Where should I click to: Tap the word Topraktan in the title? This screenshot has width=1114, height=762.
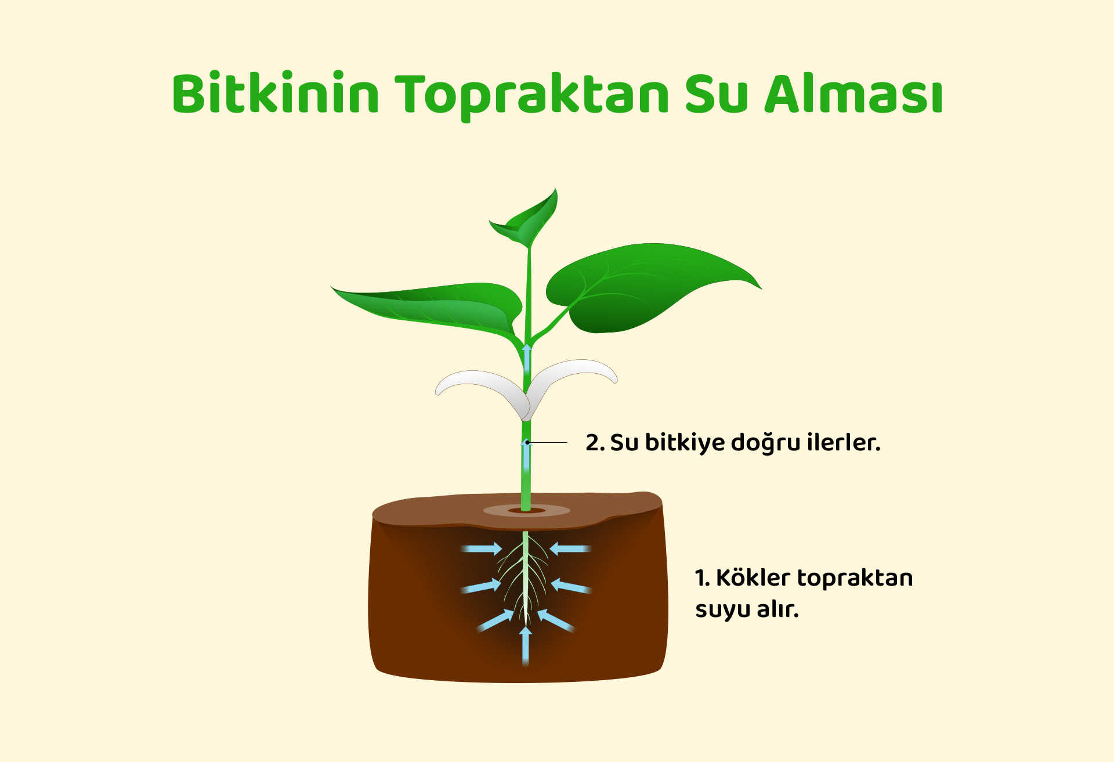[532, 95]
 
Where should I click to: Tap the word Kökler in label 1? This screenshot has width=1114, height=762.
[753, 578]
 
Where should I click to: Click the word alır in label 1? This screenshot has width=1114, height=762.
[777, 609]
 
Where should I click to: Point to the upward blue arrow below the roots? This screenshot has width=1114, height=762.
[526, 645]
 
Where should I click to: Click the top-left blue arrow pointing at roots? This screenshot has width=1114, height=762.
[482, 548]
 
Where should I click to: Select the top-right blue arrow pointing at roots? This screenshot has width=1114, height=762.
[570, 548]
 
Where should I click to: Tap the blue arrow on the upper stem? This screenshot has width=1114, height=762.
[527, 360]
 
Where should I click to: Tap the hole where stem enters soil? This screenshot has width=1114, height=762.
[527, 511]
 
